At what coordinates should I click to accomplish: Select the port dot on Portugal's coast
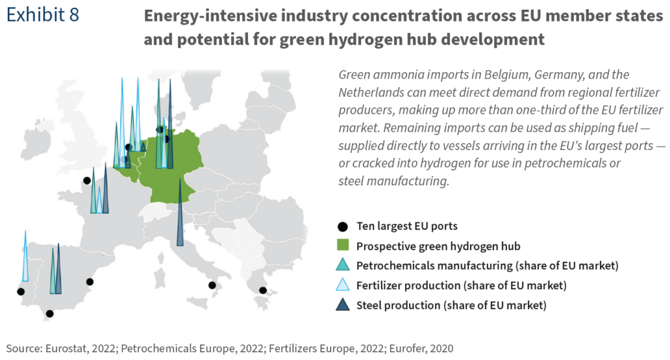pos(21,291)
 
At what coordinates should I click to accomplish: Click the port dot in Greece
pos(262,290)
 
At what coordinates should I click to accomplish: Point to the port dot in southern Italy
pos(212,285)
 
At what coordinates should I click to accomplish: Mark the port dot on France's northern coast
pos(86,181)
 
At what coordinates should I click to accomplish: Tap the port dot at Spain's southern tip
pos(50,314)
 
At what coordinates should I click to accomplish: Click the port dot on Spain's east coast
pos(90,281)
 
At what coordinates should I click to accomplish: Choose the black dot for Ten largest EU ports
pos(341,226)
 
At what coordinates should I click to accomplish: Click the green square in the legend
pos(341,246)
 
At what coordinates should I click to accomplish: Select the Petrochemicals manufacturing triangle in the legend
pos(341,266)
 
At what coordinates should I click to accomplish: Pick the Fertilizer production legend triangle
pos(341,285)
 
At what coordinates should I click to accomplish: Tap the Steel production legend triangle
pos(341,305)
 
